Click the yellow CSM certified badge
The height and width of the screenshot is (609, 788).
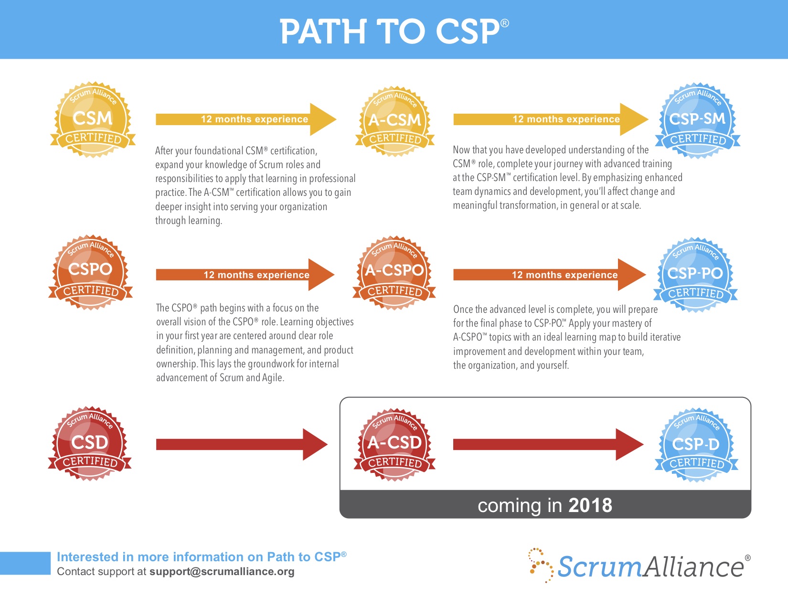tap(93, 119)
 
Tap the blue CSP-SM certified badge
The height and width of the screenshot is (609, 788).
tap(697, 120)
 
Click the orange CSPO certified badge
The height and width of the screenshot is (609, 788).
tap(90, 272)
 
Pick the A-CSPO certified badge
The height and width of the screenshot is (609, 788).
tap(394, 273)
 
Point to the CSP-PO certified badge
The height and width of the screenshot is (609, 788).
tap(695, 275)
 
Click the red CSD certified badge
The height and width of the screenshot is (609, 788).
tap(90, 444)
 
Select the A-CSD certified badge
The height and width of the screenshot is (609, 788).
tap(394, 445)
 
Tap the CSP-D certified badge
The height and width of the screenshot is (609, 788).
tap(696, 445)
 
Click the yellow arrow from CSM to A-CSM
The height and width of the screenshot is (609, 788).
tap(245, 119)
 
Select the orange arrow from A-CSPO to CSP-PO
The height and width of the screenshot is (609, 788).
tap(549, 275)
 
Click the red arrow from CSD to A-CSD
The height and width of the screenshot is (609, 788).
tap(241, 445)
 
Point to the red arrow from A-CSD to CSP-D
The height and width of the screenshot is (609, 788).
tap(548, 445)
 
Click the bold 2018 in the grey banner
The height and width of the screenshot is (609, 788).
tap(590, 505)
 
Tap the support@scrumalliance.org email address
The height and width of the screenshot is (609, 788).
tap(222, 572)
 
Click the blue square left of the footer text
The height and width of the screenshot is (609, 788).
tap(25, 563)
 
